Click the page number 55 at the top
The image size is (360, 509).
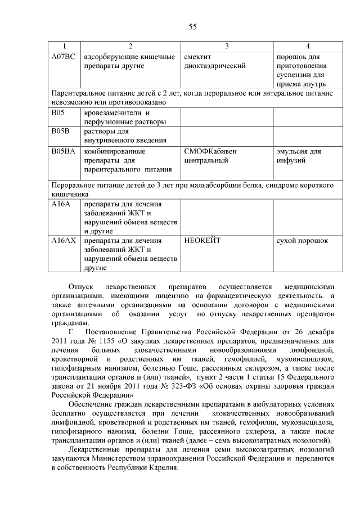click(192, 27)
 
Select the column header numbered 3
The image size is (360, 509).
click(227, 46)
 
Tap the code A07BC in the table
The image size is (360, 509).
click(62, 57)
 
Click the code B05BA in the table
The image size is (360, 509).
click(62, 151)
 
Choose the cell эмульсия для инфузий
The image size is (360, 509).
click(299, 156)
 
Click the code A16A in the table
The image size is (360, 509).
click(61, 204)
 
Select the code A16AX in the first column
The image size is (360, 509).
click(63, 241)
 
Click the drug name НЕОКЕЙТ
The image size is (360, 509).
click(202, 241)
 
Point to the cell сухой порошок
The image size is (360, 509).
click(302, 241)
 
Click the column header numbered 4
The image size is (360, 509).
click(308, 46)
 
